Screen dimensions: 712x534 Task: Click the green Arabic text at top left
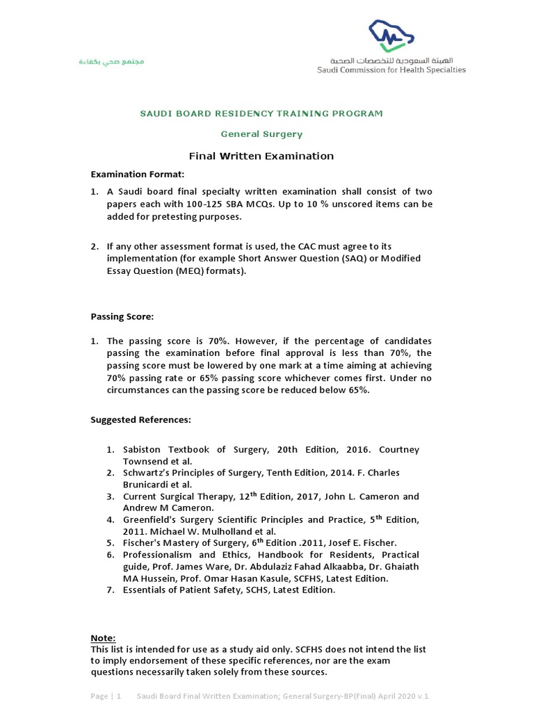(111, 63)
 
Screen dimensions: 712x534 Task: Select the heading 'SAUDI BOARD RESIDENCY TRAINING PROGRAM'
(261, 113)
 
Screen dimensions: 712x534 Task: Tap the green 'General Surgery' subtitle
(261, 134)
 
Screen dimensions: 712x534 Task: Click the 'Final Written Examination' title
(261, 156)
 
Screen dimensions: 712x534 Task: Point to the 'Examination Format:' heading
(138, 174)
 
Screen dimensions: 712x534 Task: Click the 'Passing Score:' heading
(122, 316)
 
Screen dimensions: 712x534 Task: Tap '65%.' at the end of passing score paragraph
(356, 390)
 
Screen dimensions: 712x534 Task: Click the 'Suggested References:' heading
(140, 421)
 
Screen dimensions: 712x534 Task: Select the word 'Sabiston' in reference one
(143, 450)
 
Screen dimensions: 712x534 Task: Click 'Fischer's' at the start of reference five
(143, 543)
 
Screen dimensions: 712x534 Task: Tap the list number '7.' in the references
(110, 590)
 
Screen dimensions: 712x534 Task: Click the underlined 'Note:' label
(104, 638)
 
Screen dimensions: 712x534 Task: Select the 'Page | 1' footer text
(106, 696)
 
